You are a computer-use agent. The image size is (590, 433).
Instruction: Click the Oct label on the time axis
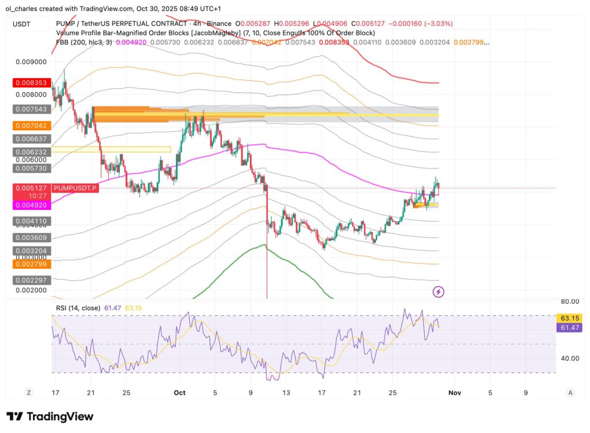point(179,393)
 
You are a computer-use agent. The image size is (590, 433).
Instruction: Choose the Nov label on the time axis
point(455,393)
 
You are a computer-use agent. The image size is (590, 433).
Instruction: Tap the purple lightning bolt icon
point(438,292)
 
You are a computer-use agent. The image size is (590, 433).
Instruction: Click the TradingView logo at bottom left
point(50,416)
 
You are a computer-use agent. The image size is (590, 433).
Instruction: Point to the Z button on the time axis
point(28,393)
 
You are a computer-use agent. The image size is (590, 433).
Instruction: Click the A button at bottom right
point(570,393)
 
